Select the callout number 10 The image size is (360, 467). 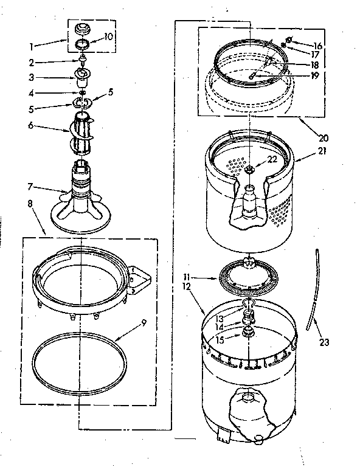click(x=109, y=36)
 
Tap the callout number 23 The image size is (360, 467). click(x=324, y=342)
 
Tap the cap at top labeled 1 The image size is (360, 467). click(x=81, y=29)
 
